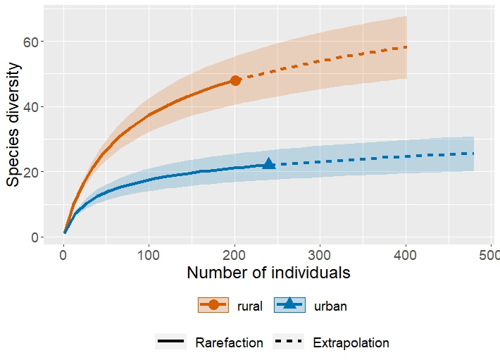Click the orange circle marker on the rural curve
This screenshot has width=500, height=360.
235,80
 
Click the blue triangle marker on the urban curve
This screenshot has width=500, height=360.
268,163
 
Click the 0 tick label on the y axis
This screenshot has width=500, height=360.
34,237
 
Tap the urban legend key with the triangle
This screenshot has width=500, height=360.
289,304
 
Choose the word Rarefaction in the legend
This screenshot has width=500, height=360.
229,343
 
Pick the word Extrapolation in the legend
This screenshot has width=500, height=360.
351,343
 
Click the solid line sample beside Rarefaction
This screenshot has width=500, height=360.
170,342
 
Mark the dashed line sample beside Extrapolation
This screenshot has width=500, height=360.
289,342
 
